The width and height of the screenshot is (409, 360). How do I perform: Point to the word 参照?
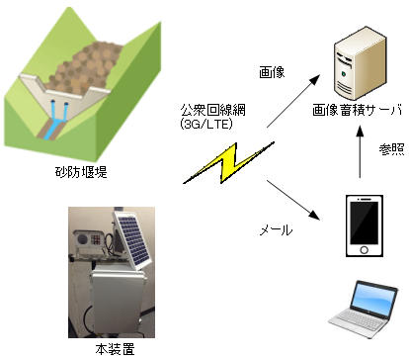(391, 149)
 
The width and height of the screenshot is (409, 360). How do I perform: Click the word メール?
(276, 229)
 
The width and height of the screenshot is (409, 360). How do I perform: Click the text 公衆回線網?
(209, 111)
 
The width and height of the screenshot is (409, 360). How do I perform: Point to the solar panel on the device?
(133, 237)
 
